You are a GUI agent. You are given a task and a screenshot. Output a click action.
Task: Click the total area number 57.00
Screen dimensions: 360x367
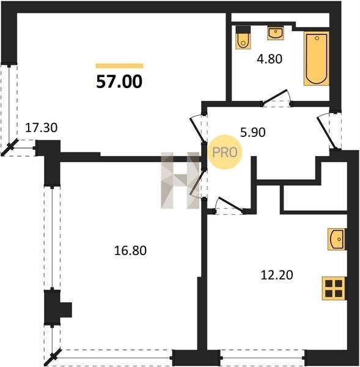click(119, 82)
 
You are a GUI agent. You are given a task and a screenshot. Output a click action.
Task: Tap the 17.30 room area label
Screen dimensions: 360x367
click(41, 128)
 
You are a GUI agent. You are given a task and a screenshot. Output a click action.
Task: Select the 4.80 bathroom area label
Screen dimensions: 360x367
click(270, 59)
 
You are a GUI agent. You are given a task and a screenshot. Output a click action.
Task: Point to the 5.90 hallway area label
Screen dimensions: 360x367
click(253, 133)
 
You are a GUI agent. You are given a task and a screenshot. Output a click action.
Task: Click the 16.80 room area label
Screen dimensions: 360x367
click(130, 250)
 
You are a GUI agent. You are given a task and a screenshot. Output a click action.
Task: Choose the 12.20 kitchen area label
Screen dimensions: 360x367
click(277, 275)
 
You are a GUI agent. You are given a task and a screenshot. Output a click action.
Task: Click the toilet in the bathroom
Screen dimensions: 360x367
click(243, 37)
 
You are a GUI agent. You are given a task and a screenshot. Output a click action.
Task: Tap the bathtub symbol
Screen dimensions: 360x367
click(317, 59)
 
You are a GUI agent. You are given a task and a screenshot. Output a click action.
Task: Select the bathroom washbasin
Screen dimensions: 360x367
click(276, 33)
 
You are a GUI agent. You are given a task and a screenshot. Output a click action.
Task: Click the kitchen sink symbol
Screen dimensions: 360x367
click(336, 239)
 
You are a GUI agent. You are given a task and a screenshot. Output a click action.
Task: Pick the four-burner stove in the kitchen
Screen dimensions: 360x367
click(334, 288)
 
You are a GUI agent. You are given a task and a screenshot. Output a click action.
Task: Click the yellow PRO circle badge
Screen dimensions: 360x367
click(225, 152)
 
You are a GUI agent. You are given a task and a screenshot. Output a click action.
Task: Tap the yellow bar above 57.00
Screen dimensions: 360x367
click(119, 66)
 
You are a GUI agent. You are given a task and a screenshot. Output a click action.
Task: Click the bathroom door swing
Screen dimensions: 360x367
click(276, 98)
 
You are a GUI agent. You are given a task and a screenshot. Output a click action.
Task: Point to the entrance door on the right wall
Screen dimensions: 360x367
click(329, 131)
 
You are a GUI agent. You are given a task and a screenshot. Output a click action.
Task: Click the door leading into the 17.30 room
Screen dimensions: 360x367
click(199, 128)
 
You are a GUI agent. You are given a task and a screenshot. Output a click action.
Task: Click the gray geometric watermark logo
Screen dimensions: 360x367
click(180, 180)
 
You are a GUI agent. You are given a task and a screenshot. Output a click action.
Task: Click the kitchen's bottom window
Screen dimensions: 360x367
click(262, 358)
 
